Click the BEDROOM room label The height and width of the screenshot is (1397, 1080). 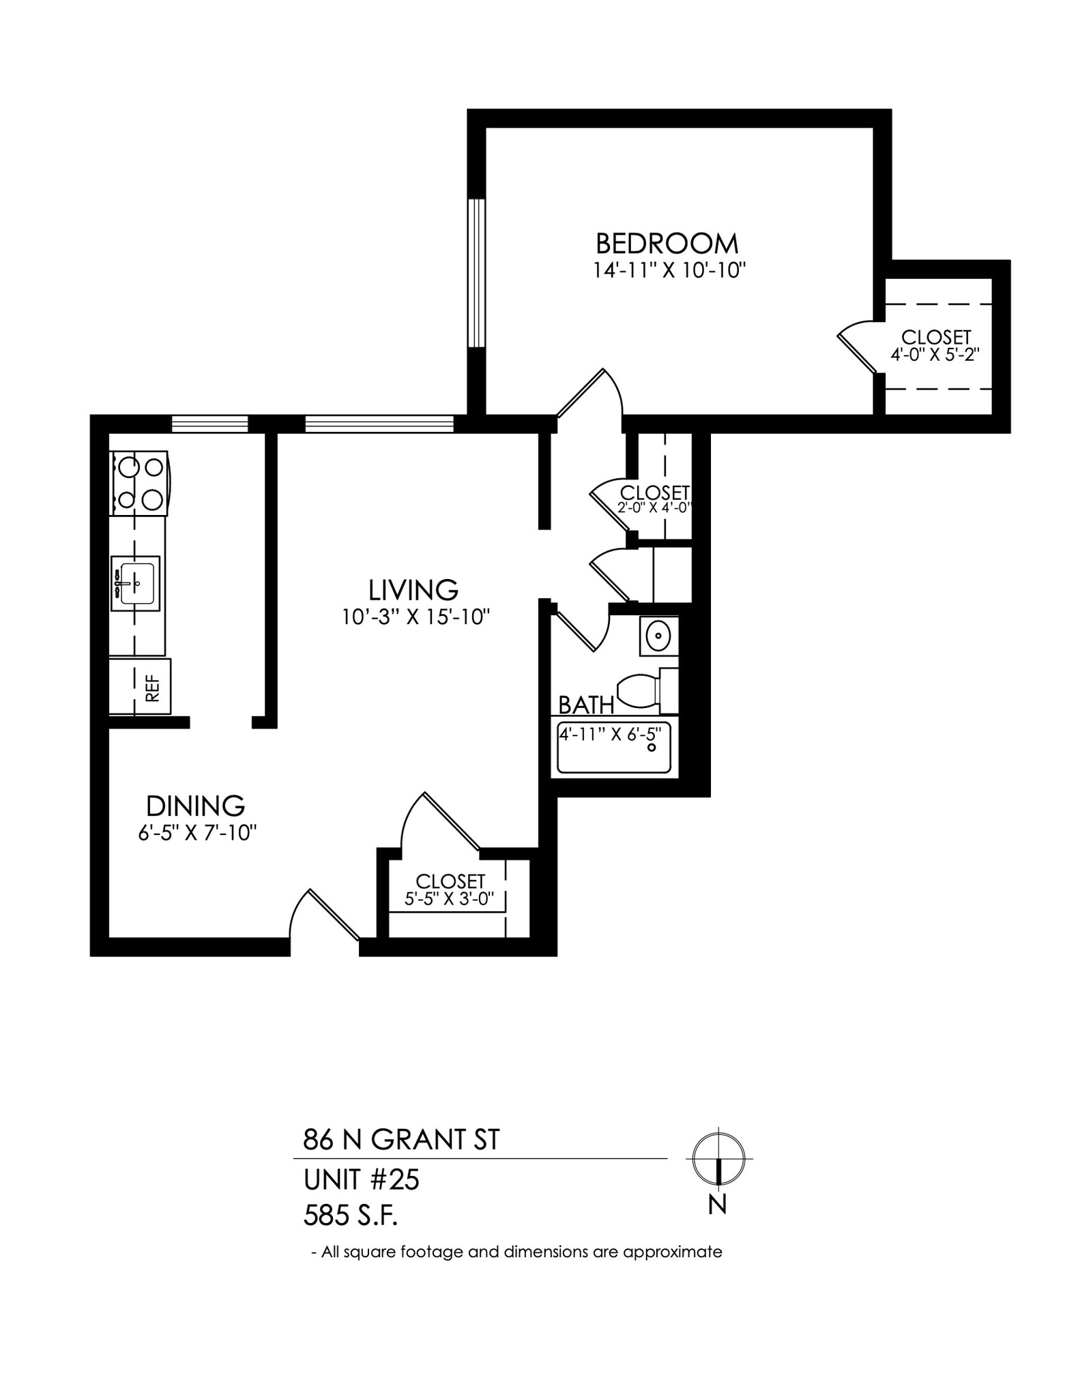(667, 244)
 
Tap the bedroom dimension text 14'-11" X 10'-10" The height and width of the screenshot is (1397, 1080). (667, 271)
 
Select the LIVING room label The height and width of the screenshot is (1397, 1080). (413, 589)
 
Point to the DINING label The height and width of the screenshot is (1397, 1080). (196, 806)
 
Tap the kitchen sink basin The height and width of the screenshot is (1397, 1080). (136, 583)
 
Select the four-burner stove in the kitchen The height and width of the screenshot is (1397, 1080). (139, 483)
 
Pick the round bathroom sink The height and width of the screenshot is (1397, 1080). (658, 637)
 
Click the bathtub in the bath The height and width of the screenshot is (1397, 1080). (615, 749)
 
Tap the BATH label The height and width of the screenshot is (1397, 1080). (585, 705)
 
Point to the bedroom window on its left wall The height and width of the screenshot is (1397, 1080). (476, 273)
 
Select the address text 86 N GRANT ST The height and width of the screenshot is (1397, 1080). (401, 1139)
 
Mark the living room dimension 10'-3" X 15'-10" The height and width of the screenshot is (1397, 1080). (416, 617)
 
